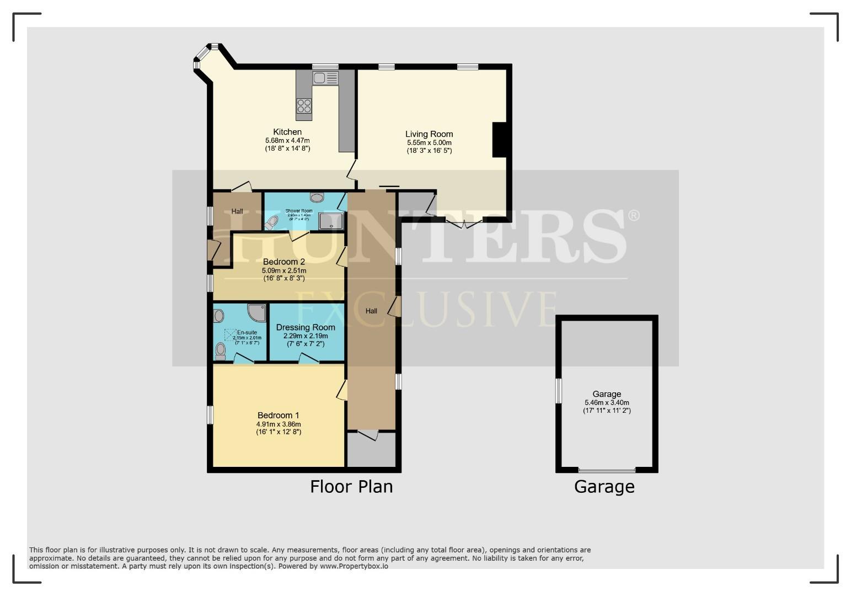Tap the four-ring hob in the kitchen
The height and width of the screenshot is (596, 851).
pos(304,105)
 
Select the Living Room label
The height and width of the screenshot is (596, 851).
pos(429,134)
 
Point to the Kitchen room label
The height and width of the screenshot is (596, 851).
pos(287,132)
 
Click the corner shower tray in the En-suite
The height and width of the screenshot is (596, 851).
pos(256,313)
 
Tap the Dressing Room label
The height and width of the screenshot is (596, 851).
pos(306,327)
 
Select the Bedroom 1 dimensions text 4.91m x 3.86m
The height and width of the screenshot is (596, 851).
pos(279,424)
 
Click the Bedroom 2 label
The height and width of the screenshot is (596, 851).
pos(284,262)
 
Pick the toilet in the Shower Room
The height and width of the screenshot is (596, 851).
pos(271,222)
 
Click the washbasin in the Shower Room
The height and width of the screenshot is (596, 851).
pos(317,197)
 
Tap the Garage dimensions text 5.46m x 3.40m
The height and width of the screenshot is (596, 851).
pos(607,402)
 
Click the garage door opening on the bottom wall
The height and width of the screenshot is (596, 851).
pos(607,470)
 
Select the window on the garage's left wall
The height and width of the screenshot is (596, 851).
pos(558,391)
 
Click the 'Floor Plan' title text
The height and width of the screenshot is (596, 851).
pos(351,487)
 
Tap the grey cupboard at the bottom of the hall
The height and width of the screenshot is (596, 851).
pos(371,450)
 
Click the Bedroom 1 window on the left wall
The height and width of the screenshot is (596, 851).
pos(210,415)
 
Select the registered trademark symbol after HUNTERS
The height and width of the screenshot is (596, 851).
pos(634,215)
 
